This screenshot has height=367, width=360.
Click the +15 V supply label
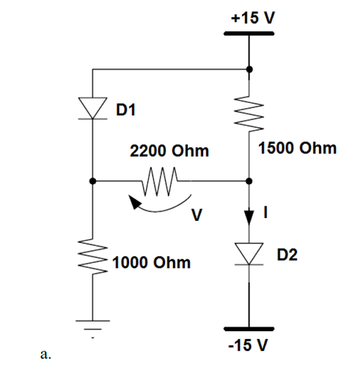click(249, 18)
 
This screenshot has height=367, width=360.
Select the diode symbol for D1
click(92, 108)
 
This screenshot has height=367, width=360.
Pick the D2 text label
click(288, 255)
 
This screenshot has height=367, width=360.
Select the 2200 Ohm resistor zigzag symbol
click(161, 180)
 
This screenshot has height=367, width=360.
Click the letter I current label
click(268, 213)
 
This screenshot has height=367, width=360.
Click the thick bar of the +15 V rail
click(249, 34)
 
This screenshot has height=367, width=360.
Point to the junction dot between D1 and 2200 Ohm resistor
click(92, 180)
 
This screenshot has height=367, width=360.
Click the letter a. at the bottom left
click(45, 355)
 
